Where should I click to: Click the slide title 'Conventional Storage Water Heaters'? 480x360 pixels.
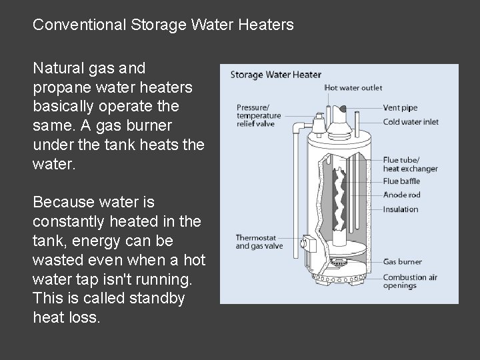pos(163,25)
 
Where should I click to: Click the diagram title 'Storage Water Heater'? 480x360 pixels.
pos(275,75)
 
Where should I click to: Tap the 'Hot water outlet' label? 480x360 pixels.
pos(353,88)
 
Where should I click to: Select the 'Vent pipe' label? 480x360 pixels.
pos(400,107)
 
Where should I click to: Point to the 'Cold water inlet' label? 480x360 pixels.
pos(411,122)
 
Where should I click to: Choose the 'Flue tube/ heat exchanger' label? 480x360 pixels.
pos(411,165)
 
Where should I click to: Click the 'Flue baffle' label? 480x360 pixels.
pos(400,181)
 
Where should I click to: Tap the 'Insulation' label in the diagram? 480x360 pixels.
pos(401,209)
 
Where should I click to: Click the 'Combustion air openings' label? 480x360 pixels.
pos(409,281)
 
